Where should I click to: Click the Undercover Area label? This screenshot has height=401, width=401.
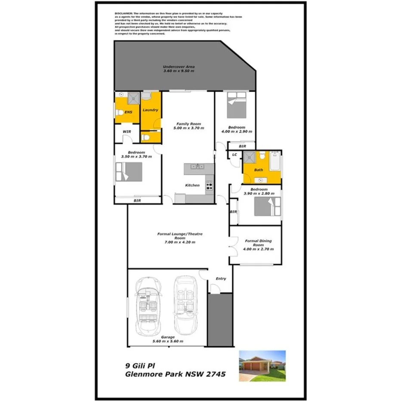179,67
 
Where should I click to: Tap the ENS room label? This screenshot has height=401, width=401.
128,112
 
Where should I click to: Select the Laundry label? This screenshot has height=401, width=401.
150,110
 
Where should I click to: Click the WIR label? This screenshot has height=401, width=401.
126,131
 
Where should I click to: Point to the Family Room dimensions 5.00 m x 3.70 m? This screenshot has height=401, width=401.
188,128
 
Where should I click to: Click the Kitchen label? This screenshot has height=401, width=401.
192,185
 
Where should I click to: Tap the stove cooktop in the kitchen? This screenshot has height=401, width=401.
210,186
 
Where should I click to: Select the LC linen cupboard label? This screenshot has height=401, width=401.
234,154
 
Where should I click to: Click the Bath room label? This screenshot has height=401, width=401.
258,170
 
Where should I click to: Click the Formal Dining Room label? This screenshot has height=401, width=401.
258,243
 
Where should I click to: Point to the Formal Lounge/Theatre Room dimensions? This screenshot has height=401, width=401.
180,242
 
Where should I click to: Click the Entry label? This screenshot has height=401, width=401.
221,279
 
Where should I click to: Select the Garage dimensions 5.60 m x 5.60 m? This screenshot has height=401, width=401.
168,341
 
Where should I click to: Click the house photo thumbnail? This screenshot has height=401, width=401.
262,366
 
